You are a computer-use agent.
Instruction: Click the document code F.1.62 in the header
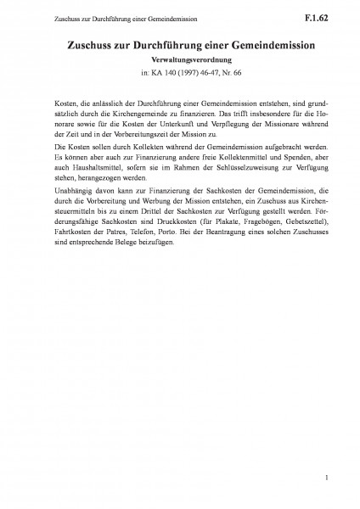tap(328, 14)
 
